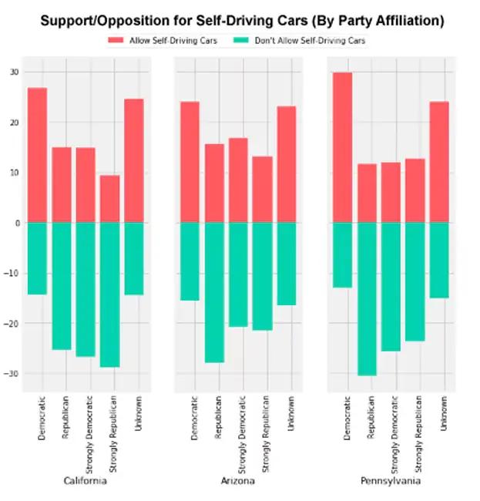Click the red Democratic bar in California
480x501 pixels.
point(37,155)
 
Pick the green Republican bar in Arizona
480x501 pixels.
point(214,292)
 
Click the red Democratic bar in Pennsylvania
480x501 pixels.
point(342,147)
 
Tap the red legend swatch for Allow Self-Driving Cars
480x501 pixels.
point(116,39)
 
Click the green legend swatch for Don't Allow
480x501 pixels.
point(240,39)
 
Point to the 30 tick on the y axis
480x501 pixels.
point(15,72)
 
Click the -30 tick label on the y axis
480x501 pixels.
point(12,374)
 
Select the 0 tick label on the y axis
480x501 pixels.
point(17,223)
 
